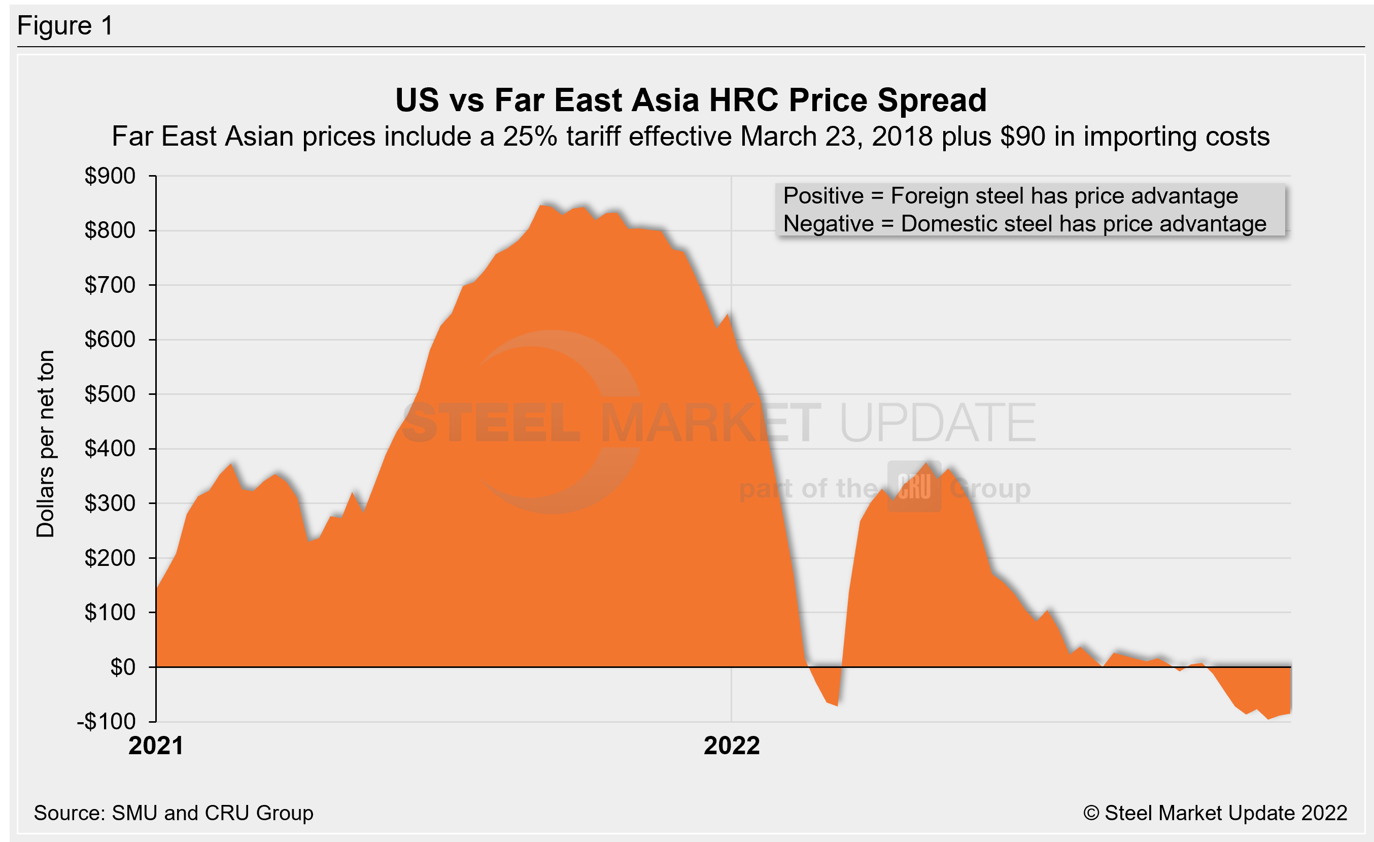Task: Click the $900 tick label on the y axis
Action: (110, 176)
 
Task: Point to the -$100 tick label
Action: (106, 722)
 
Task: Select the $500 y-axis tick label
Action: (110, 394)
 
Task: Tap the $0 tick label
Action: (123, 667)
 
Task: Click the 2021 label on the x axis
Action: (156, 746)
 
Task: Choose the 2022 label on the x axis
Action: (732, 746)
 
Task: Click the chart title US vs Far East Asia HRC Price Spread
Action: (691, 100)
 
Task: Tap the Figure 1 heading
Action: (65, 26)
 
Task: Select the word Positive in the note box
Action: (823, 196)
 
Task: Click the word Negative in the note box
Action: (828, 224)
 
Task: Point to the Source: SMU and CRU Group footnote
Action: (174, 813)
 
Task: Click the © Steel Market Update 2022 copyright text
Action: (1215, 813)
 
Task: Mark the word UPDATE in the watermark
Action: (937, 423)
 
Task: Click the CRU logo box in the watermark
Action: (914, 486)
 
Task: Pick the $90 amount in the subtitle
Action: (1023, 137)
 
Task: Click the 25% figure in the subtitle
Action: (530, 137)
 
